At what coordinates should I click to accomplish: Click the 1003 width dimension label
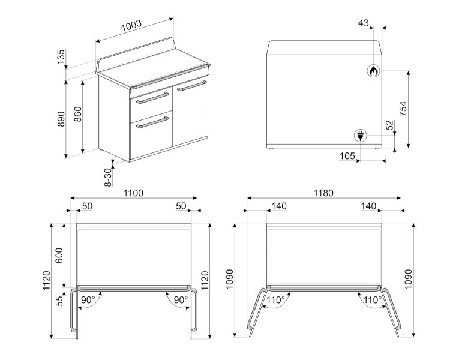point(131,26)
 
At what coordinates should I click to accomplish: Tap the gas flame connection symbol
point(373,71)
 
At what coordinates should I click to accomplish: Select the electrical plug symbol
point(360,136)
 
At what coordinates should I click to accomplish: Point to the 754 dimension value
point(403,109)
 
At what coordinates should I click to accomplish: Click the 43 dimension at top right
point(364,23)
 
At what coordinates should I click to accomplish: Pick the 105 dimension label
point(347,156)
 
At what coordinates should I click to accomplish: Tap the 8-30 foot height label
point(107,177)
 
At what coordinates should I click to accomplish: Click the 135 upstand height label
point(61,57)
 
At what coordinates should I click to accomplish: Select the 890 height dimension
point(61,119)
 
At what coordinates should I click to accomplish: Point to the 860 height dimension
point(78,114)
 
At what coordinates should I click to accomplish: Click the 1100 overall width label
point(133,193)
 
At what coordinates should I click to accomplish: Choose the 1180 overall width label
point(323,193)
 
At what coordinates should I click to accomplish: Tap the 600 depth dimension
point(59,255)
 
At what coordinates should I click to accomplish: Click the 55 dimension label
point(59,301)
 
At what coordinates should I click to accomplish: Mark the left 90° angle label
point(88,300)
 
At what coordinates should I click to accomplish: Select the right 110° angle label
point(373,300)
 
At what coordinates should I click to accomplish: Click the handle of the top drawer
point(152,98)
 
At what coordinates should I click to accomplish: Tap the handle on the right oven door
point(192,86)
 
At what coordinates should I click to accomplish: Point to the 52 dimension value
point(390,125)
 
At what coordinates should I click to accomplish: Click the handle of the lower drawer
point(152,122)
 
